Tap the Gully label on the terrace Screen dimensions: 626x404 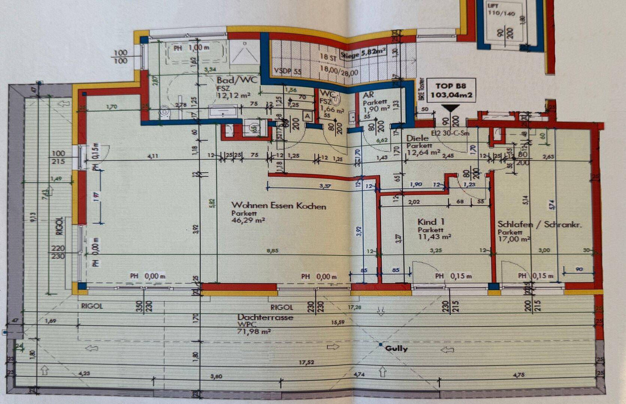coord(396,349)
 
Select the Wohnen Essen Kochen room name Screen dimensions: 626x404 coord(279,205)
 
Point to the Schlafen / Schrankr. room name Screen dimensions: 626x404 coord(539,224)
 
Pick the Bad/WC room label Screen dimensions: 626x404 coord(237,80)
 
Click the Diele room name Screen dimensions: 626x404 coord(417,138)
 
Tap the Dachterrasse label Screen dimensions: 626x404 coord(265,317)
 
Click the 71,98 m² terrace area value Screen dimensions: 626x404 coord(254,331)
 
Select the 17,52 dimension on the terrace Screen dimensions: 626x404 coord(306,362)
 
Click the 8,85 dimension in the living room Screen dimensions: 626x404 coord(272,251)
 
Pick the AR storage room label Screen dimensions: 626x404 coord(368,95)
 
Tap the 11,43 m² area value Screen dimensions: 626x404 coord(434,236)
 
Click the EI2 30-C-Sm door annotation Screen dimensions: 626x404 coord(450,133)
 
